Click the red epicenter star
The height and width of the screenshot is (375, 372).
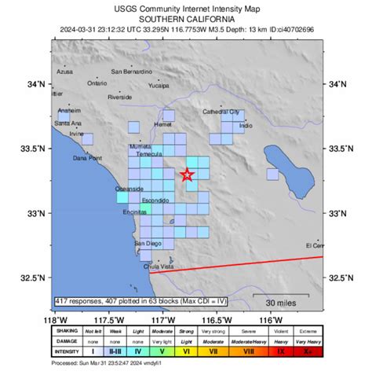point(188,175)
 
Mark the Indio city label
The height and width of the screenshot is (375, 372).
point(246,125)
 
